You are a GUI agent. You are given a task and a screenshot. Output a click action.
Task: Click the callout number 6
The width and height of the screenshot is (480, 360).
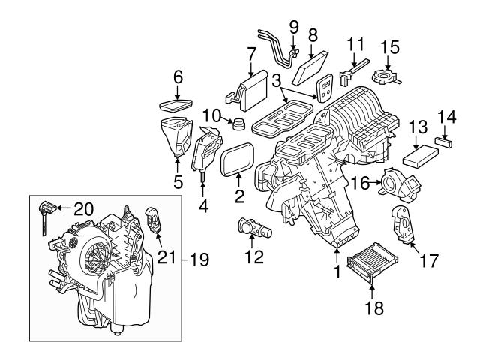pyautogui.click(x=178, y=76)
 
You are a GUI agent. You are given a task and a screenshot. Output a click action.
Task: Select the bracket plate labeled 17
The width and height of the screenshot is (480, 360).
pyautogui.click(x=403, y=226)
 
